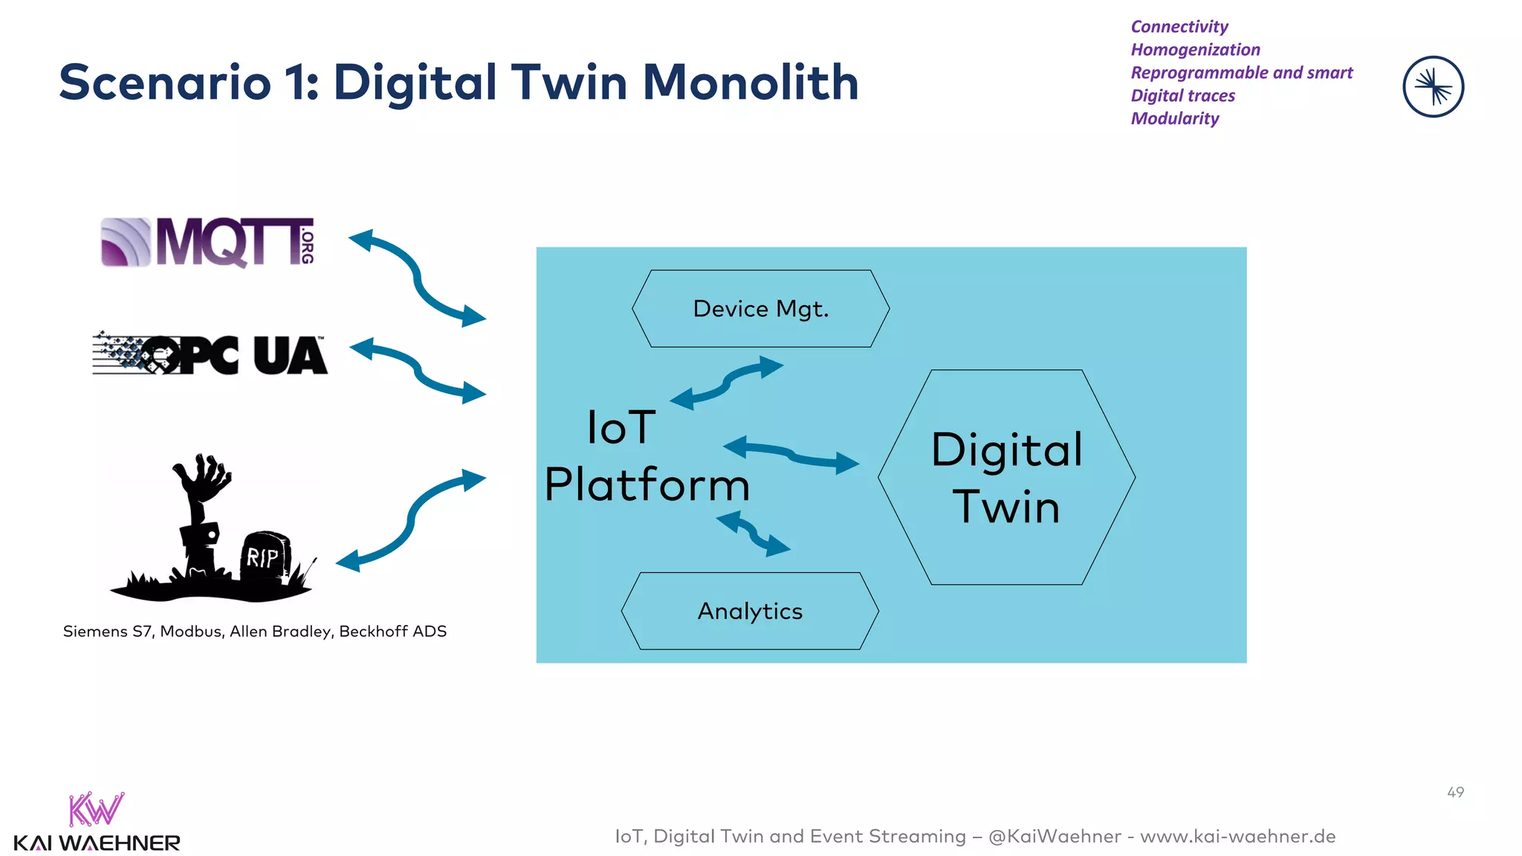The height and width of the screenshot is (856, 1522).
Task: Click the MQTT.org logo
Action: [208, 241]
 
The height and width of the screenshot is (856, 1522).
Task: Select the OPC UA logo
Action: [210, 354]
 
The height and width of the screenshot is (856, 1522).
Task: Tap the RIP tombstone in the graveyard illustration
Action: [265, 555]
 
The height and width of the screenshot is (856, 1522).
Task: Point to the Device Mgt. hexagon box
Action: [760, 308]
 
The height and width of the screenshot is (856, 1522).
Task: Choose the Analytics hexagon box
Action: [750, 611]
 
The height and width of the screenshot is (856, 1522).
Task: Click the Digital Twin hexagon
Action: [1006, 477]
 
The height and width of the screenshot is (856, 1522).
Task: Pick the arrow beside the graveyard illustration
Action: [410, 519]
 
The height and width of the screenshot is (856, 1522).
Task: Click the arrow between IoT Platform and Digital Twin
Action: [791, 455]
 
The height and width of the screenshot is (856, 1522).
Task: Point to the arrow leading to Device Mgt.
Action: [727, 383]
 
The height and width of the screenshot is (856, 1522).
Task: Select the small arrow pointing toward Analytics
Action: [754, 533]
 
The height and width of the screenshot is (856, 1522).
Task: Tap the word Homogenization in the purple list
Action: [1195, 50]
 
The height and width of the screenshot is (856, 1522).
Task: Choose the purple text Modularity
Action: [1175, 119]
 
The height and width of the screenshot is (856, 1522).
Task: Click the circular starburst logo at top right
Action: [1433, 87]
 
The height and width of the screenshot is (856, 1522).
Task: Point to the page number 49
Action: [1455, 792]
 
